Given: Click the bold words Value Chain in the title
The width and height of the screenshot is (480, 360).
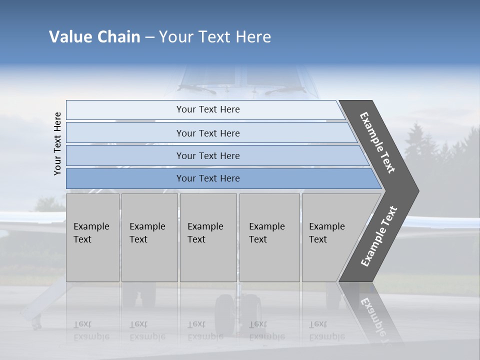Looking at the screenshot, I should click(x=94, y=37).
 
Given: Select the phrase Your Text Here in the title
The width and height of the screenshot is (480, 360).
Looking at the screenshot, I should click(x=215, y=37).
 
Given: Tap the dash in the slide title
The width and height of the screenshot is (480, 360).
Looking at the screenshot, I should click(x=149, y=37).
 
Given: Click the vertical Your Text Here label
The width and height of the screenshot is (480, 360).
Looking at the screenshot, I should click(x=57, y=143).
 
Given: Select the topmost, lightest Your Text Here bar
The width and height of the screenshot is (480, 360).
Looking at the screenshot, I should click(x=207, y=109).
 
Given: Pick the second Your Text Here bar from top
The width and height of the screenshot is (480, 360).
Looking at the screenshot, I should click(x=207, y=133).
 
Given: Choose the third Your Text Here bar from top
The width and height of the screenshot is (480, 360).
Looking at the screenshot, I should click(x=207, y=155).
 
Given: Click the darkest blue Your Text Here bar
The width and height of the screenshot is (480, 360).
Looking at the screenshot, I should click(x=207, y=178).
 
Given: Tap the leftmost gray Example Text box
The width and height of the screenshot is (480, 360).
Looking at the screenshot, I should click(x=92, y=237).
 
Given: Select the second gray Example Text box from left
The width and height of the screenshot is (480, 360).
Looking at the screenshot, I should click(x=149, y=237).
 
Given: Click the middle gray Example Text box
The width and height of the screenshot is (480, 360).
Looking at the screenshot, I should click(x=207, y=237).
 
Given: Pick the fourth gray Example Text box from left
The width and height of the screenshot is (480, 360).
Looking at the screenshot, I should click(x=269, y=237).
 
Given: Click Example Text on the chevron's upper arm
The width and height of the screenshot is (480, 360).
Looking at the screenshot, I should click(x=377, y=142).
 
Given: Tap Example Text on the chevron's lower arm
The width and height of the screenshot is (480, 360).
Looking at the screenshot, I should click(x=379, y=236).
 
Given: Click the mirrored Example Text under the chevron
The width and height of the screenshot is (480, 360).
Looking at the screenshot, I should click(x=375, y=315).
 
